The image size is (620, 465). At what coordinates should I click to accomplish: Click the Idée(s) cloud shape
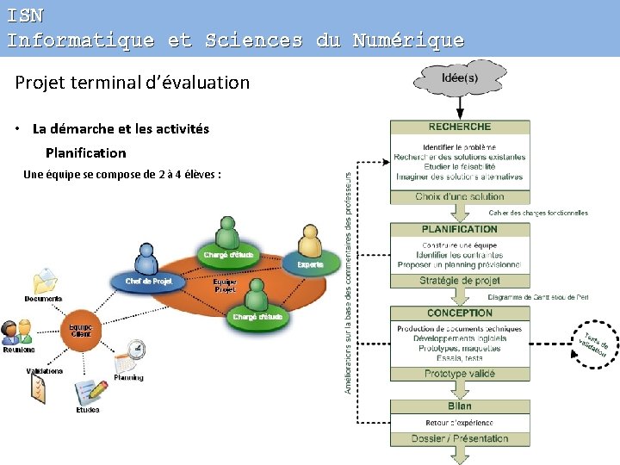(x=460, y=78)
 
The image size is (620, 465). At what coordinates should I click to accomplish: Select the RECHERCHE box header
(x=460, y=127)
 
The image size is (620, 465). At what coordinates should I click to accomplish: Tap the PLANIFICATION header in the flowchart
(x=460, y=229)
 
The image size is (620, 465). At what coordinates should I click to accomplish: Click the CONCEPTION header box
(x=460, y=313)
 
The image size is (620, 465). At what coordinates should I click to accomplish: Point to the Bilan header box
(x=460, y=406)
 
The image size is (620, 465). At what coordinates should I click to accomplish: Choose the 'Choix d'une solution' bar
(x=460, y=197)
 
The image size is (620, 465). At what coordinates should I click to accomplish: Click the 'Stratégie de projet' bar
(x=460, y=281)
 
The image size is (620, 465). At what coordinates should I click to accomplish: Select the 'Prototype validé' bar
(x=460, y=374)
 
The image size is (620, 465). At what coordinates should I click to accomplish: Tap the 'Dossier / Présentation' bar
(x=460, y=438)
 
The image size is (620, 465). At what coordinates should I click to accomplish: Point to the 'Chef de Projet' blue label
(x=149, y=281)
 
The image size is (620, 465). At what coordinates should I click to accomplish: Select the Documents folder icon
(x=44, y=281)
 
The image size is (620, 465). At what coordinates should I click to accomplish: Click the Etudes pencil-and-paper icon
(x=89, y=394)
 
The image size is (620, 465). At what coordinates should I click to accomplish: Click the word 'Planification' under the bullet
(x=85, y=152)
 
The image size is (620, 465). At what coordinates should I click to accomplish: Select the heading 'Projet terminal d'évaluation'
(x=133, y=83)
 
